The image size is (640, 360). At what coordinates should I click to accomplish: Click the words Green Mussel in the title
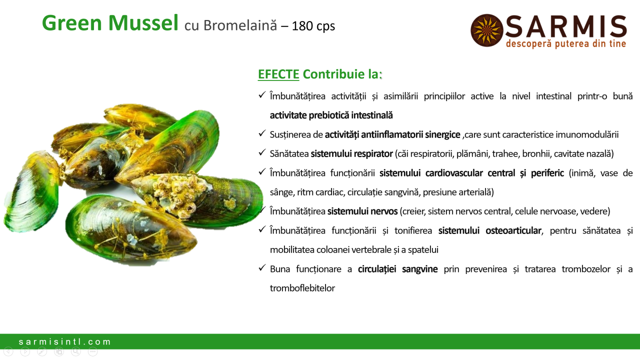(110, 23)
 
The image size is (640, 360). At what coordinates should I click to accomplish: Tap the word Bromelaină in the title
(240, 25)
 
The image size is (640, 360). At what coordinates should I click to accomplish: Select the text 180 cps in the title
(313, 26)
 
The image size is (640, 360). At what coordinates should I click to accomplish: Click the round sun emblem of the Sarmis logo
(487, 30)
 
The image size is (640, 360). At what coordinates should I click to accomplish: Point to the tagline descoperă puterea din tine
(566, 43)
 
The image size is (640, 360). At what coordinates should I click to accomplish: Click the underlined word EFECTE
(278, 74)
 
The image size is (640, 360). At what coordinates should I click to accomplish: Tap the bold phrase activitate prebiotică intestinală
(331, 115)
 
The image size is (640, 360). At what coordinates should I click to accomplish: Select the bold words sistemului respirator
(351, 153)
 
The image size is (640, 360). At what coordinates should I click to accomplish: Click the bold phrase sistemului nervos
(362, 211)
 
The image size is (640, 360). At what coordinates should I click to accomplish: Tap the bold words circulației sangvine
(397, 269)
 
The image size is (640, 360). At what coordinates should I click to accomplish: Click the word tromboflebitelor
(302, 288)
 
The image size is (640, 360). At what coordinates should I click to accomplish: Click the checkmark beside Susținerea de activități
(262, 133)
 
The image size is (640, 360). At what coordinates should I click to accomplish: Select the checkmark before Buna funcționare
(262, 267)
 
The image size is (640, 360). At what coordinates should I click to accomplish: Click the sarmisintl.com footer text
(64, 341)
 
